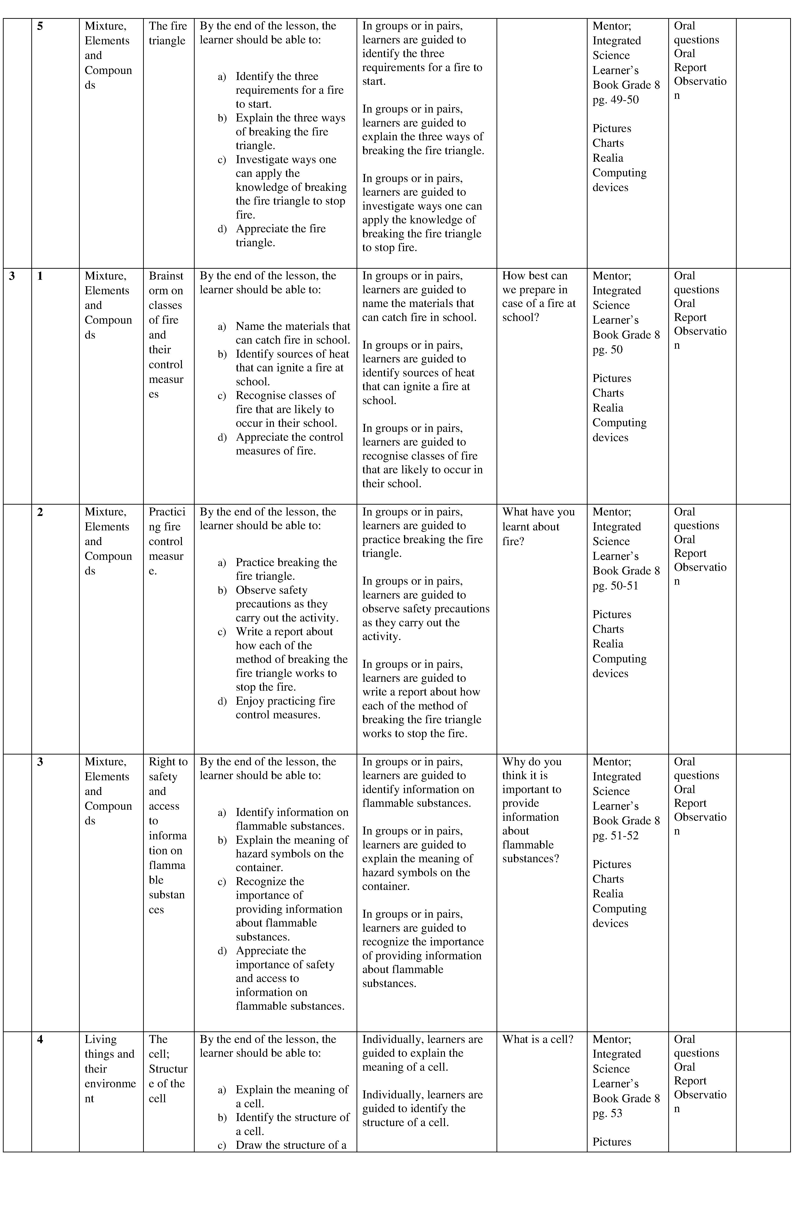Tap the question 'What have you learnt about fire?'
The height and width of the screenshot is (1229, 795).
coord(538,526)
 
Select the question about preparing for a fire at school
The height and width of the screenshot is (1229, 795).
coord(538,296)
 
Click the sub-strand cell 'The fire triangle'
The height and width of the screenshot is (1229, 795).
coord(168,33)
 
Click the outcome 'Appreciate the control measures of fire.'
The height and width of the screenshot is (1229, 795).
coord(289,444)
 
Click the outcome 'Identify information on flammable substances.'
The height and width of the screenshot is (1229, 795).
coord(292,819)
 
